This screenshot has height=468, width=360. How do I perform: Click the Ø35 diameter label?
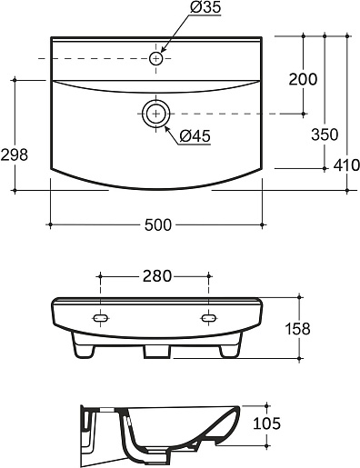click(205, 7)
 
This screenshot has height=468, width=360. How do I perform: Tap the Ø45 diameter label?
click(195, 136)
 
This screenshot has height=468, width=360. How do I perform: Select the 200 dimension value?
click(303, 79)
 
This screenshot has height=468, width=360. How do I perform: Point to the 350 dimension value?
click(325, 134)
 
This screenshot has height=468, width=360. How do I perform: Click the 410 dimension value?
click(346, 165)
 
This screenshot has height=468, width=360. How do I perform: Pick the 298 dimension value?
click(14, 154)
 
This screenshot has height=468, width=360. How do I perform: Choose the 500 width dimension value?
click(158, 225)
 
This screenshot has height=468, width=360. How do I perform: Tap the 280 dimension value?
click(157, 276)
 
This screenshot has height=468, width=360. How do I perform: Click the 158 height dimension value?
click(297, 329)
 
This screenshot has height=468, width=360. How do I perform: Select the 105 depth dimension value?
click(266, 423)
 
